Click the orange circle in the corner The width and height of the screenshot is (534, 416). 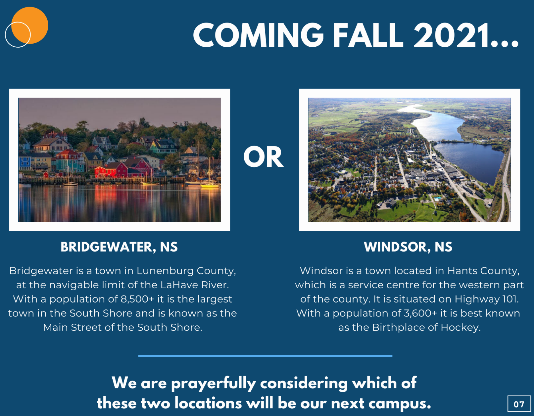(x=30, y=25)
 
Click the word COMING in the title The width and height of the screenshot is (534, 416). (x=258, y=35)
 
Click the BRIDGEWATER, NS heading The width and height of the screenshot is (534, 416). (x=119, y=247)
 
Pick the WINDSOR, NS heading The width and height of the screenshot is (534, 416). (x=408, y=247)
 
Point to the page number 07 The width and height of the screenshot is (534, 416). (x=519, y=404)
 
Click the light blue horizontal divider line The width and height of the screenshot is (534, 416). (x=265, y=356)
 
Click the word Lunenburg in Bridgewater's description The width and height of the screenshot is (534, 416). (x=165, y=271)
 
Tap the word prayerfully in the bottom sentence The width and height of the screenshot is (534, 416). (x=213, y=384)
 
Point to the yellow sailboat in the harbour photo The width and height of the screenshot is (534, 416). (x=210, y=185)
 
